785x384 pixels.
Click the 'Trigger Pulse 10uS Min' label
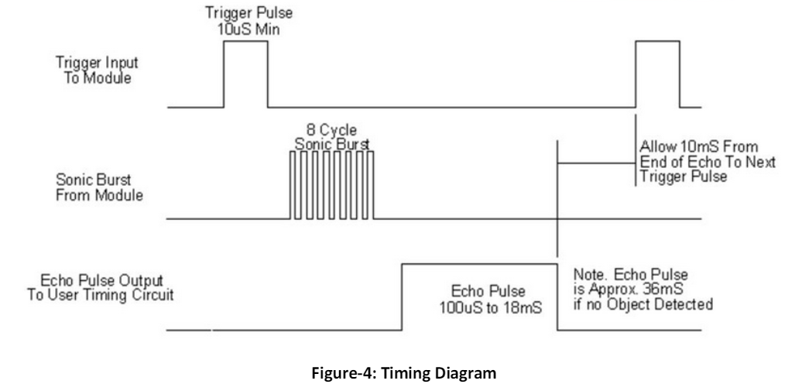249,21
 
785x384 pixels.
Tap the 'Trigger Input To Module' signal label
97,70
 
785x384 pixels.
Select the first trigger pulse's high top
245,41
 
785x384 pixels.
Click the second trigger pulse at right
657,74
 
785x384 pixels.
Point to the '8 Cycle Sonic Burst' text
331,138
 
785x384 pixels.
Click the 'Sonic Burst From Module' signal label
99,187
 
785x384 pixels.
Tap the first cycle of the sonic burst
293,185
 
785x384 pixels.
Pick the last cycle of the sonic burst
370,185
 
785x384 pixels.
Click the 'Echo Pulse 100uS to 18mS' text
491,300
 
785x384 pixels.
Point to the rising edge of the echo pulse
402,297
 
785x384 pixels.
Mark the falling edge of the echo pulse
557,297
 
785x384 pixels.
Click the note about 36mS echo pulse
643,290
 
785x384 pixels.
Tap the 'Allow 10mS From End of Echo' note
708,162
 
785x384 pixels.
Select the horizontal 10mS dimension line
596,163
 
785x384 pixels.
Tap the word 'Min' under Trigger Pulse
269,29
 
